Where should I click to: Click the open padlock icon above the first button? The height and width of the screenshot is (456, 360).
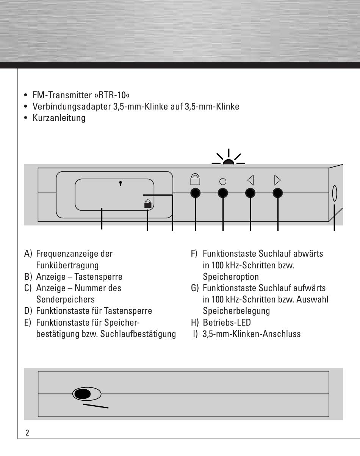coord(195,179)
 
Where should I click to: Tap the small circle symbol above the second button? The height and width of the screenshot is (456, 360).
coord(223,182)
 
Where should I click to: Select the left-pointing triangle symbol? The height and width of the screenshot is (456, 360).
coord(250,180)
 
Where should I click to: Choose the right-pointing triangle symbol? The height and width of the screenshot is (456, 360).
coord(277,180)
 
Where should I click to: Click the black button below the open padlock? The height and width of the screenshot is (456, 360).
coord(196,193)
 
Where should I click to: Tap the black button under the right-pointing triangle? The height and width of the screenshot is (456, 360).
coord(277,193)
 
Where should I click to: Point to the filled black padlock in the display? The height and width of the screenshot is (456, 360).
coord(148,204)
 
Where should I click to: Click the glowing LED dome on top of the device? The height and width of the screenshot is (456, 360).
coord(229,162)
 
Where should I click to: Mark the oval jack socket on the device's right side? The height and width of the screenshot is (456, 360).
coord(335,193)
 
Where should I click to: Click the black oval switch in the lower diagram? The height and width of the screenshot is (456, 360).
coord(83,394)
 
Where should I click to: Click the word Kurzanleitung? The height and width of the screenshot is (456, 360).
coord(59,118)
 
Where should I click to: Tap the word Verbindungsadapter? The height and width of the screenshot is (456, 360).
coord(72,107)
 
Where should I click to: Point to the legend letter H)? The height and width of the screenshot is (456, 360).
coord(195,323)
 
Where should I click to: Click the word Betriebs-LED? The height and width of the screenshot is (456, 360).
coord(227,323)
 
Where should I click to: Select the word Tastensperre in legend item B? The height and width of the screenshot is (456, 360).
coord(98,277)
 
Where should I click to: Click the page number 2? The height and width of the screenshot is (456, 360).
coord(27,433)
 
